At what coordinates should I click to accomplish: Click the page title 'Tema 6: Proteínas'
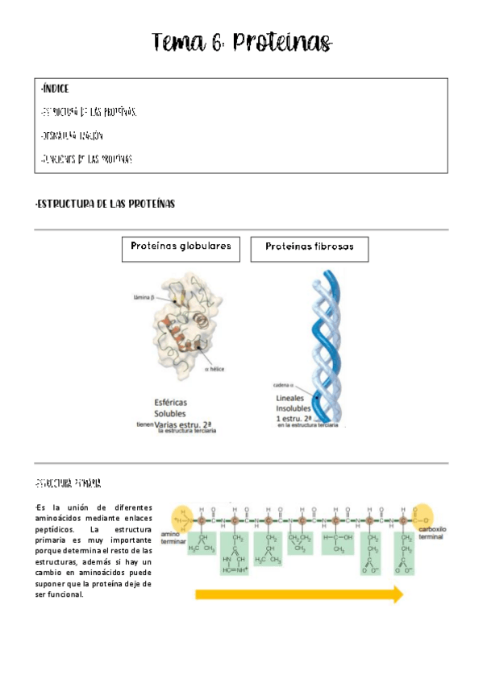point(242,42)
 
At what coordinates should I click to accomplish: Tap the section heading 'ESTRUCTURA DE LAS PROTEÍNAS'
point(106,205)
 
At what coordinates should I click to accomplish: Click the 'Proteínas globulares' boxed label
point(181,247)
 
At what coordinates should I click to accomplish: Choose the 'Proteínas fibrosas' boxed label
point(310,248)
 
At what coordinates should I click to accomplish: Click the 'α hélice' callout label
point(214,369)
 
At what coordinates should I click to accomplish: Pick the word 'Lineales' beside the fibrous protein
point(294,398)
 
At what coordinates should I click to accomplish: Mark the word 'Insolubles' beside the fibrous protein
point(298,408)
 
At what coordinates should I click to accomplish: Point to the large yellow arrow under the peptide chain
point(298,594)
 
